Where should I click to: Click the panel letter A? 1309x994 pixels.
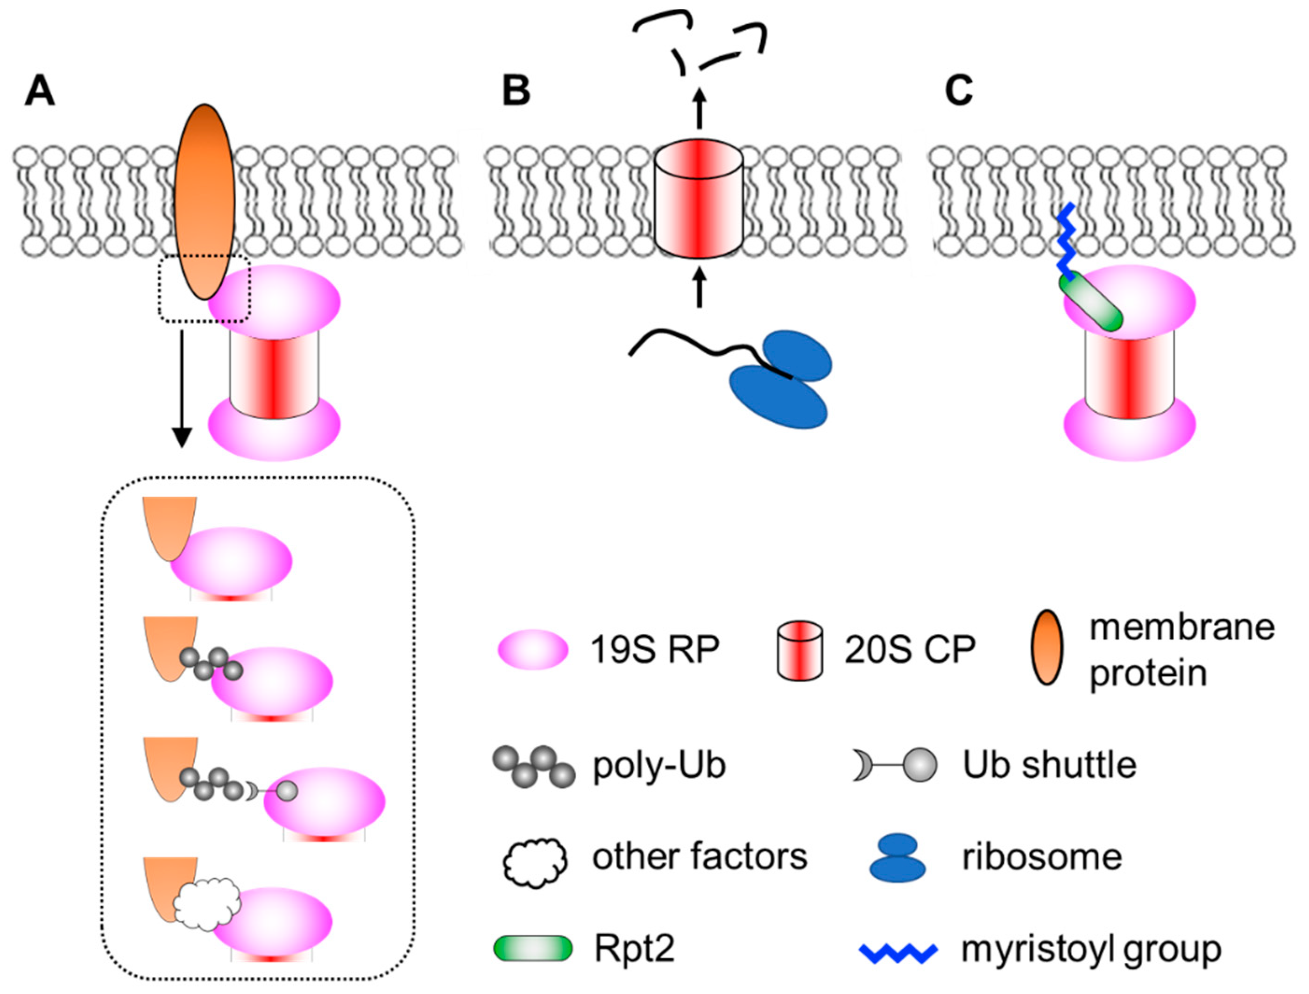click(x=40, y=92)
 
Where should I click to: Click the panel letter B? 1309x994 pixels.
click(x=516, y=92)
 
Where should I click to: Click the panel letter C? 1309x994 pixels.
click(x=959, y=92)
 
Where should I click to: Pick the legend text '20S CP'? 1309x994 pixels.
click(x=910, y=649)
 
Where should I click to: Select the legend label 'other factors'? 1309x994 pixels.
click(x=700, y=856)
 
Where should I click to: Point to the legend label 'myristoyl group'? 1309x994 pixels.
click(x=1090, y=949)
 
